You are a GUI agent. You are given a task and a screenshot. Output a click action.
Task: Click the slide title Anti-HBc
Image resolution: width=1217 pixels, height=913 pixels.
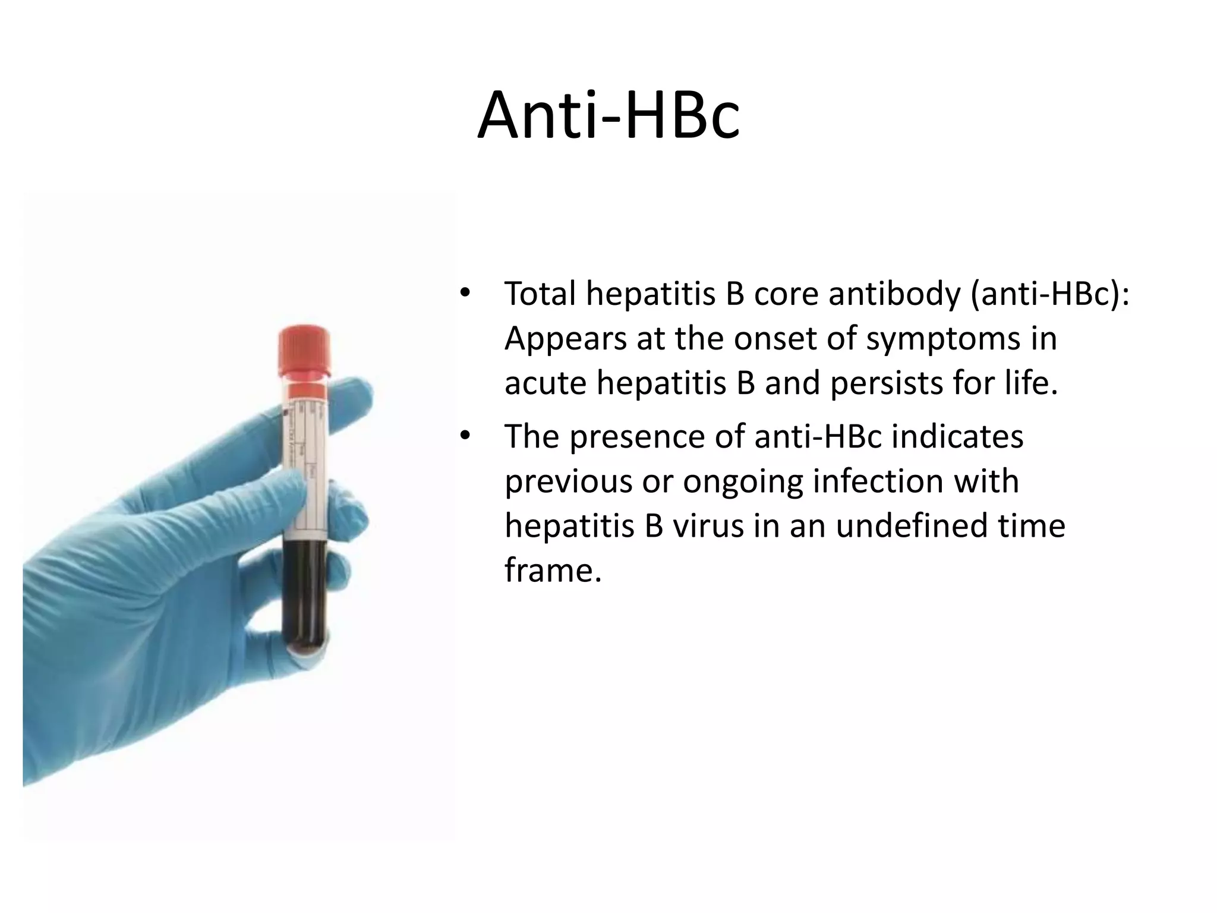pos(608,116)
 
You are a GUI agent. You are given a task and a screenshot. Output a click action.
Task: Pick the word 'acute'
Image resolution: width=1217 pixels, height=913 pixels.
pos(545,383)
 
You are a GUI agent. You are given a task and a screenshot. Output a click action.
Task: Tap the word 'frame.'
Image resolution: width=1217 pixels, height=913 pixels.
pos(553,570)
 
